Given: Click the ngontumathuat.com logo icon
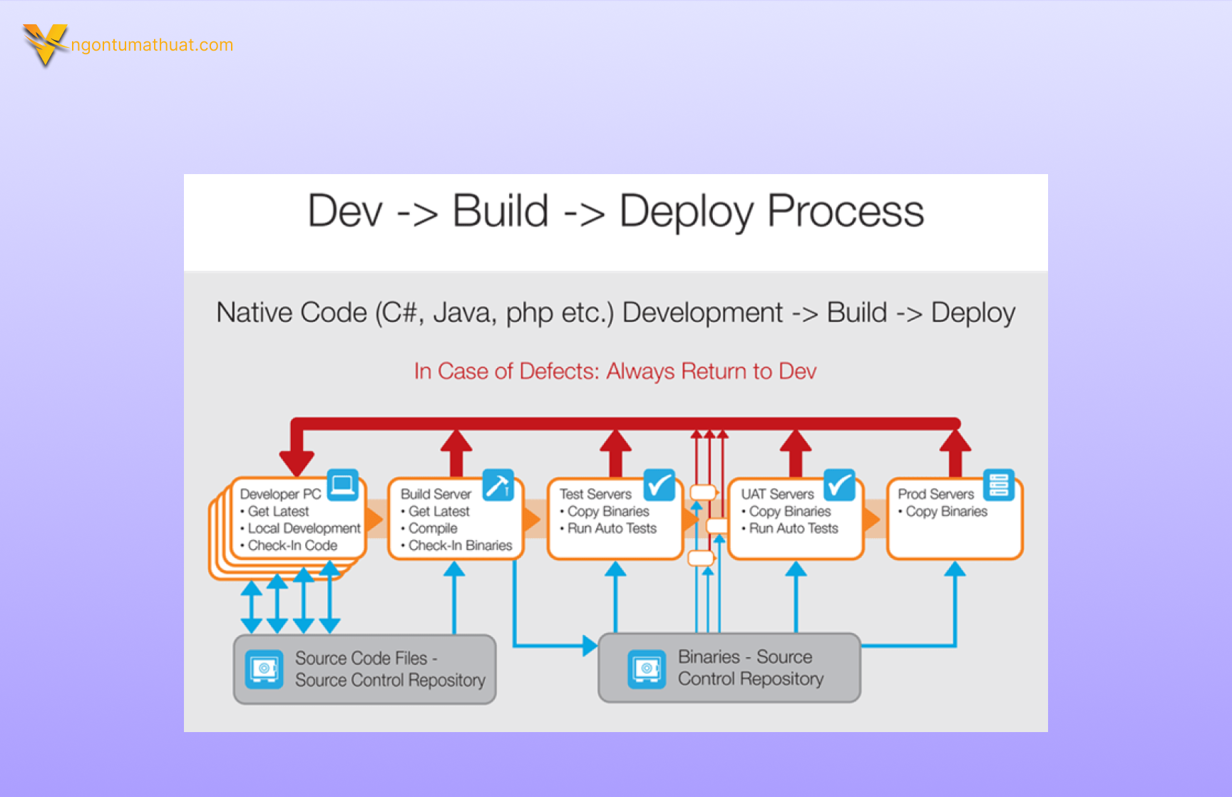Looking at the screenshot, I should point(45,44).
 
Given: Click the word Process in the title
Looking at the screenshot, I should point(845,211).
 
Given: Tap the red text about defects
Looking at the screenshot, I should point(615,371).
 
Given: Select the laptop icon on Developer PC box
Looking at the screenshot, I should point(342,485).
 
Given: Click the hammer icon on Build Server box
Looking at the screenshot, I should point(498,485).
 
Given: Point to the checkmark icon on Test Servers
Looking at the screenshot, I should point(659,485).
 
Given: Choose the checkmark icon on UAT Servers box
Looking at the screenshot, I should point(839,485).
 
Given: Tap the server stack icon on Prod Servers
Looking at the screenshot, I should point(998,484).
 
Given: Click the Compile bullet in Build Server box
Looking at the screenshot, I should point(433,529).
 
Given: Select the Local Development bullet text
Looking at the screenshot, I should point(304,529).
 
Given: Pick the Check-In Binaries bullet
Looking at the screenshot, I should point(460,546).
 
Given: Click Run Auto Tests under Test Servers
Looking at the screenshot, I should point(612,529).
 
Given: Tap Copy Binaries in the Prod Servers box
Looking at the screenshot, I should point(946,512).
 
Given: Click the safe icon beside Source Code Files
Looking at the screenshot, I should point(264,669).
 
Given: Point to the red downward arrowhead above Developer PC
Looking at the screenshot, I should point(297,462).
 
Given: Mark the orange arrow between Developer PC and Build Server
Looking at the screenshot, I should point(375,519).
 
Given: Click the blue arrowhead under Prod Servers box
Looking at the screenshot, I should point(955,569).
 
